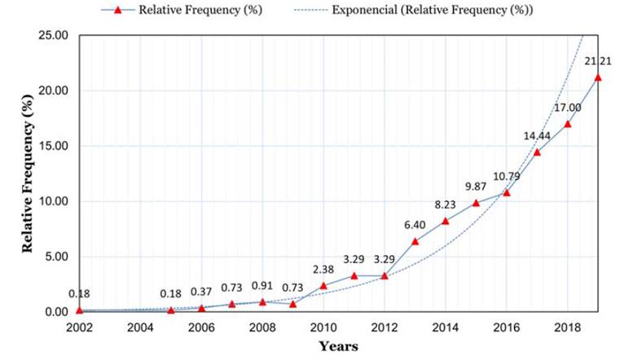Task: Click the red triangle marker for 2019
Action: pyautogui.click(x=598, y=77)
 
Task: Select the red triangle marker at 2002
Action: pyautogui.click(x=79, y=310)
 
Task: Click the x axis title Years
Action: pyautogui.click(x=338, y=345)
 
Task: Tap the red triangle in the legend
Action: pyautogui.click(x=119, y=10)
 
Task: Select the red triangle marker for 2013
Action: pyautogui.click(x=416, y=241)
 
